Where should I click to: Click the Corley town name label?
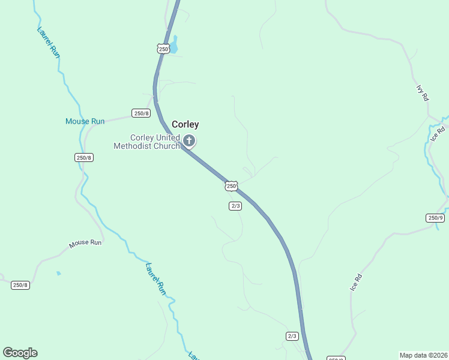pos(185,124)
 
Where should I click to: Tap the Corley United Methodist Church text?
pos(147,142)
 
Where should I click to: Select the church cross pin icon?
pos(189,142)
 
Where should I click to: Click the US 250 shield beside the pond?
pos(164,49)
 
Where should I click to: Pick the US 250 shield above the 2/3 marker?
pos(231,186)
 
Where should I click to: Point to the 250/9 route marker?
pos(436,218)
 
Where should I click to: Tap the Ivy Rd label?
pos(422,92)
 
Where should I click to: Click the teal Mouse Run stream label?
pos(85,121)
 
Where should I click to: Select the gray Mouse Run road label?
pos(85,243)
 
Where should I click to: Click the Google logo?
pos(20,352)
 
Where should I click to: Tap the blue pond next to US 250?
pos(174,44)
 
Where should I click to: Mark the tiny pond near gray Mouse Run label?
pos(58,273)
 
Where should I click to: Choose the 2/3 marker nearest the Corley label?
pos(235,206)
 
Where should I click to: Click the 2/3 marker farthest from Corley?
pos(292,336)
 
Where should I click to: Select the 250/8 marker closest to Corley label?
pos(141,113)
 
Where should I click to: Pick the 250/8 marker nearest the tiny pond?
pos(20,285)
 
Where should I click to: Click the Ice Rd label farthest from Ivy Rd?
pos(357,282)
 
